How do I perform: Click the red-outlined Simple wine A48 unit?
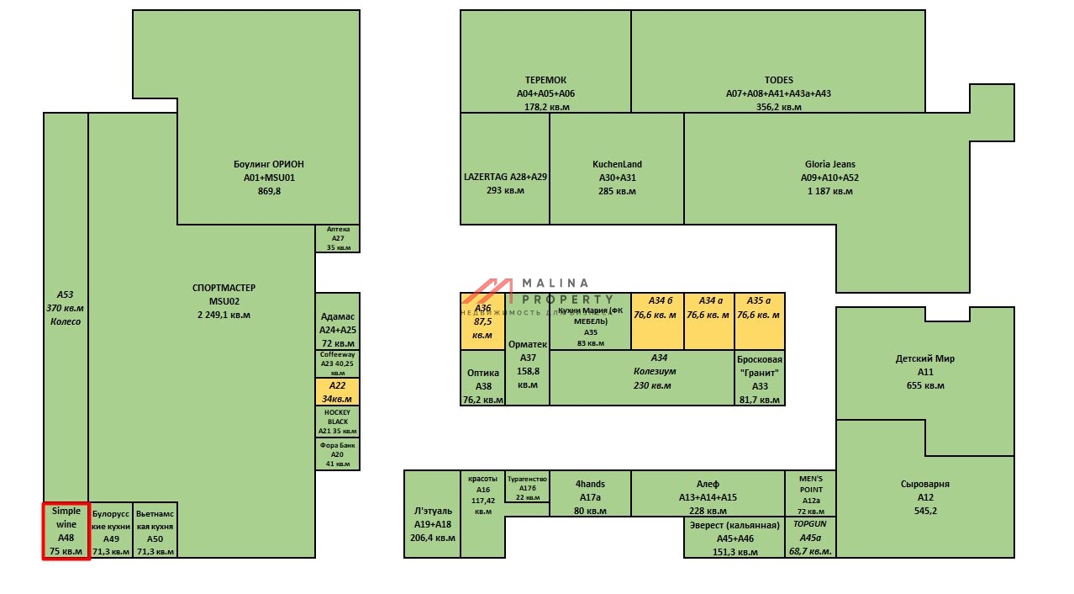66,530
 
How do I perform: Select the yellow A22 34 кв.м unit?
338,391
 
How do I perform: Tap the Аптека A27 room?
338,238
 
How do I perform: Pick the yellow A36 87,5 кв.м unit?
483,322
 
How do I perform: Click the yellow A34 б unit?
656,321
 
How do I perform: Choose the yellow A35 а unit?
759,321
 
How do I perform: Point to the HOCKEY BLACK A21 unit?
338,421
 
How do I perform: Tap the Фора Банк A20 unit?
338,453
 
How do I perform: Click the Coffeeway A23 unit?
338,363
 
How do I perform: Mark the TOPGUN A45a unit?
810,538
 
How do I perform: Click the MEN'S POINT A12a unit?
810,494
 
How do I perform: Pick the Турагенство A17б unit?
528,487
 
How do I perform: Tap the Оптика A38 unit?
483,379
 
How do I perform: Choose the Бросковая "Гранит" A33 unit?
760,378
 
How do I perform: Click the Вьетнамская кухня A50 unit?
155,530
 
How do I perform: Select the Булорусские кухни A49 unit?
111,530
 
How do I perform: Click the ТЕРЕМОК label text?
545,80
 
